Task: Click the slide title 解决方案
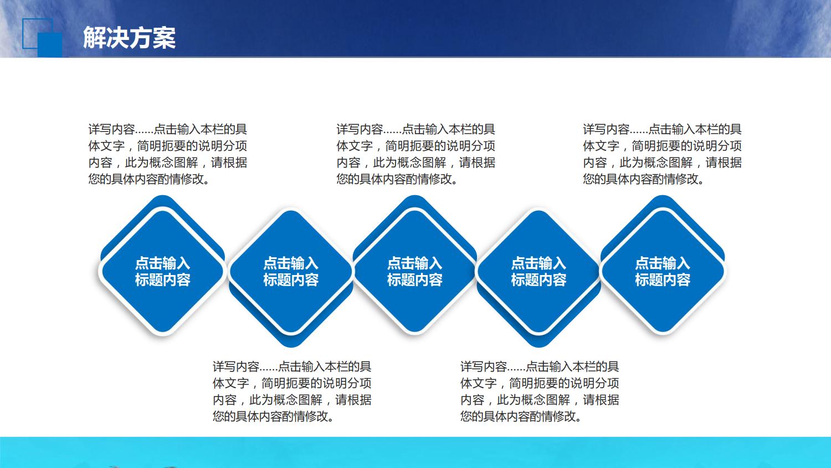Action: (x=129, y=38)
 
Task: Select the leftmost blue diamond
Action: (x=162, y=271)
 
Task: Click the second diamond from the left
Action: (x=291, y=271)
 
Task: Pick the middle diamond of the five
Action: (x=414, y=271)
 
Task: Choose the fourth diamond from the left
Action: (x=538, y=271)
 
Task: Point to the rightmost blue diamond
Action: (x=663, y=271)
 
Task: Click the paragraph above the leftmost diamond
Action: (x=167, y=154)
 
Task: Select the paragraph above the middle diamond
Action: (x=416, y=154)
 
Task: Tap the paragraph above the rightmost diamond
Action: (x=662, y=154)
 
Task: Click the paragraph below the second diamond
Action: (x=292, y=391)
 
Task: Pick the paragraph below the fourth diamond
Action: (x=540, y=391)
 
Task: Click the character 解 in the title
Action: (x=95, y=38)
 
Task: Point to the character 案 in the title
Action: (x=165, y=38)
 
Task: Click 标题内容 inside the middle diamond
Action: (x=414, y=280)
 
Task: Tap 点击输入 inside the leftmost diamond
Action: (x=162, y=263)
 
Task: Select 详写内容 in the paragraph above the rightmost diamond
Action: (x=606, y=130)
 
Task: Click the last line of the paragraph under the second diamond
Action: (x=274, y=416)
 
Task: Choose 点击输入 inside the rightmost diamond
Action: (x=663, y=263)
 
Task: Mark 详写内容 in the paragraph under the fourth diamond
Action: (x=484, y=367)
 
